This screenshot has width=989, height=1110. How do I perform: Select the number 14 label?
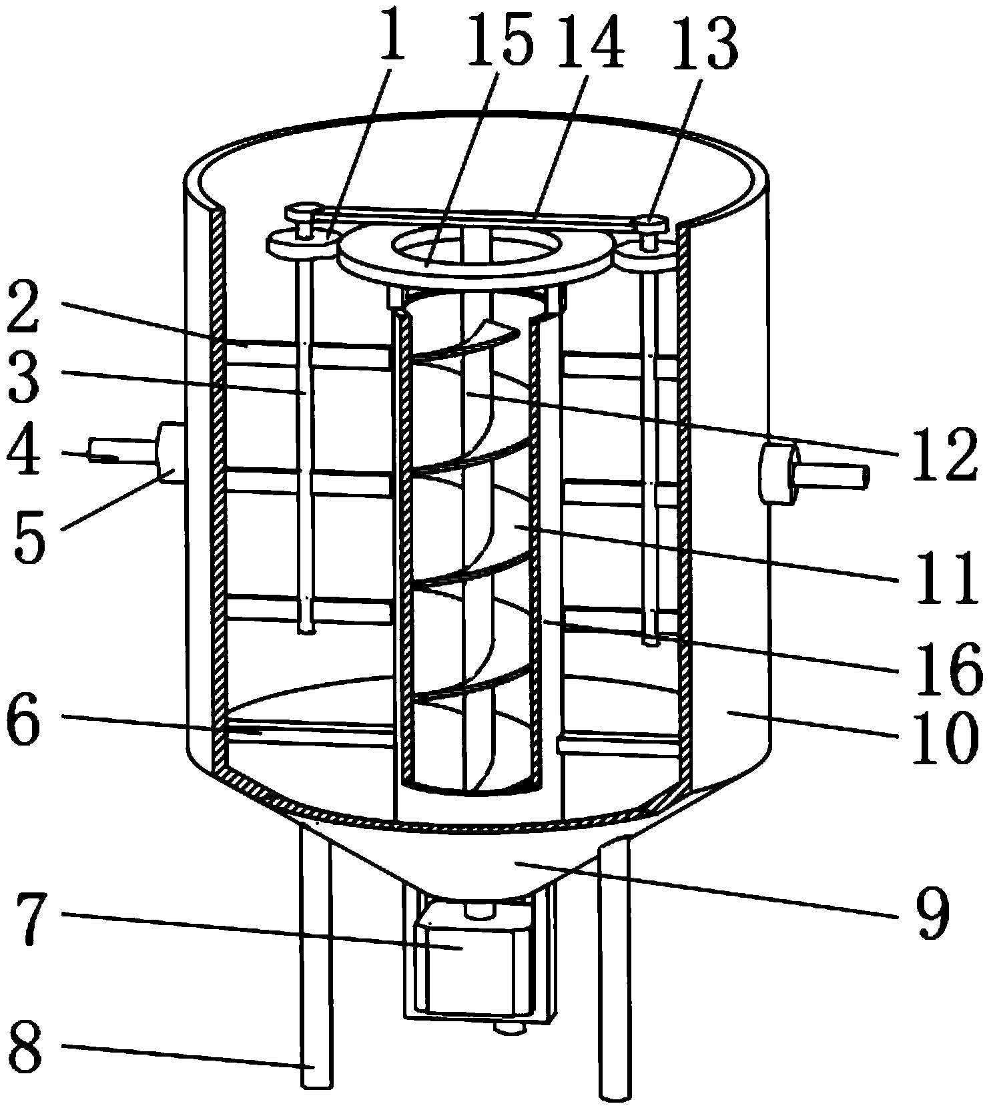coord(590,41)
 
